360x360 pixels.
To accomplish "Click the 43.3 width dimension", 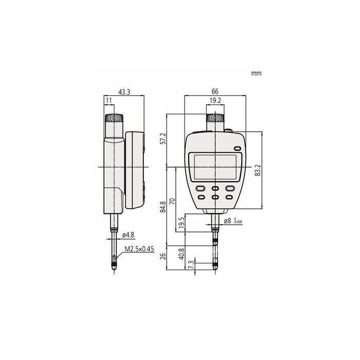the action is pos(124,92).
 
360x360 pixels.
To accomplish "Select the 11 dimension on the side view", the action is pos(109,101).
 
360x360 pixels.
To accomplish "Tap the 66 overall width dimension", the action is pos(215,92).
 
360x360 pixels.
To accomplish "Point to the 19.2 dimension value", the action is pos(215,100).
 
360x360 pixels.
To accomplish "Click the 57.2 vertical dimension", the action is pos(163,138).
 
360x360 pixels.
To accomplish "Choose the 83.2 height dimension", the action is pos(258,170).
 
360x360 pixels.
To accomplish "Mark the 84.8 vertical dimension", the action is pos(163,207).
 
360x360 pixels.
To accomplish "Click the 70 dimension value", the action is pos(172,202).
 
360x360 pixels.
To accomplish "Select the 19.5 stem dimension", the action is pos(182,223).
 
